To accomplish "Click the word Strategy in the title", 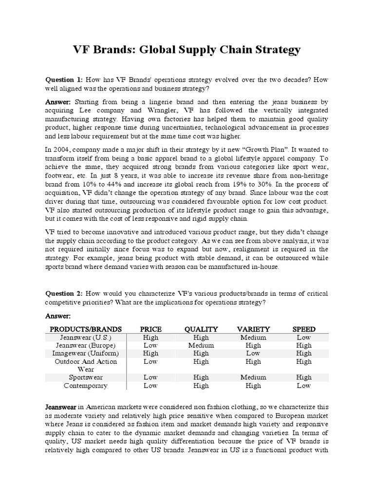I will coord(276,50).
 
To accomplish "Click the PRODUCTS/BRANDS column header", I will coord(84,329).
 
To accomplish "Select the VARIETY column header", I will coord(253,329).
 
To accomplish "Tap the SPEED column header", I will coord(303,329).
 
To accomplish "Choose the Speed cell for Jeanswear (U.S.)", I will coord(303,338).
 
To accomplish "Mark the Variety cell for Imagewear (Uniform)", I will coord(253,353).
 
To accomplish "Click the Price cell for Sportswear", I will coord(150,377).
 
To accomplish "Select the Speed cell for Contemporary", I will coord(303,385).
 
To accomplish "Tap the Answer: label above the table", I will coord(58,316).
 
